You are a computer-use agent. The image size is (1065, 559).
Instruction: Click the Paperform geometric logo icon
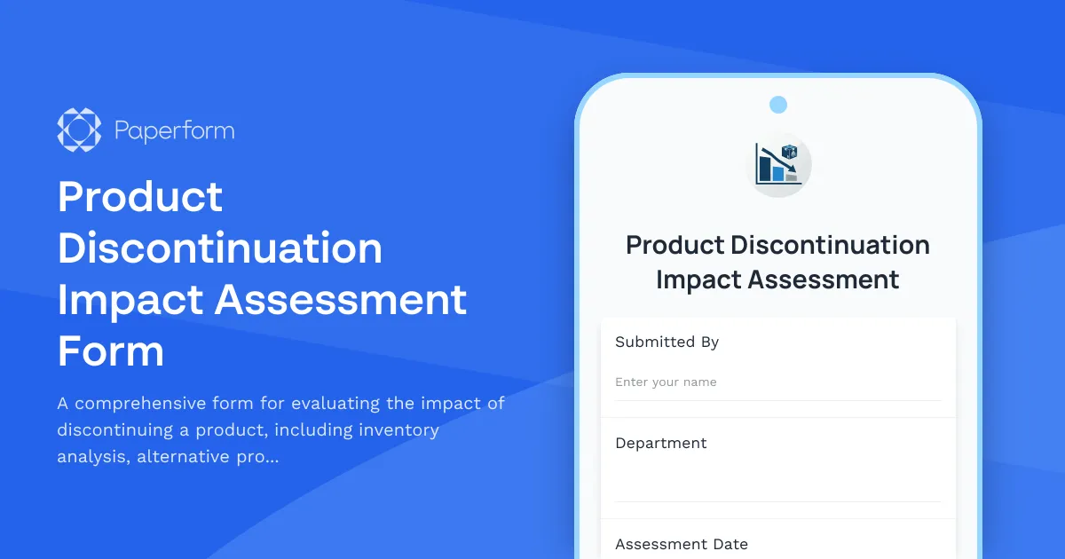coord(79,130)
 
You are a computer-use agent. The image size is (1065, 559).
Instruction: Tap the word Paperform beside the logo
coord(175,131)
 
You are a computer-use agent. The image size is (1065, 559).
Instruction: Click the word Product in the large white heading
coord(140,196)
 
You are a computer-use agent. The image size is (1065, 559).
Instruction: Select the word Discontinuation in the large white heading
coord(220,248)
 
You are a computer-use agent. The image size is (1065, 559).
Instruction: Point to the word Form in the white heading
coord(111,351)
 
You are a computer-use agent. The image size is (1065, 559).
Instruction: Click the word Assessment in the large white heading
coord(341,299)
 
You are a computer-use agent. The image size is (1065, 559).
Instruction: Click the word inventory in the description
coord(398,430)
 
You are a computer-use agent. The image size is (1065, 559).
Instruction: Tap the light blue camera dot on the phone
coord(778,105)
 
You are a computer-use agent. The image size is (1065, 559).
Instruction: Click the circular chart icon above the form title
coord(778,165)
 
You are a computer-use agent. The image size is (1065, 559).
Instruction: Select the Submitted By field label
coord(667,342)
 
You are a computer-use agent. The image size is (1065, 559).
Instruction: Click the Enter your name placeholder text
coord(666,382)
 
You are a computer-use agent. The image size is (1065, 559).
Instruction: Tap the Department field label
coord(661,443)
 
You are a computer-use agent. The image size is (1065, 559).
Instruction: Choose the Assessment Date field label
coord(682,544)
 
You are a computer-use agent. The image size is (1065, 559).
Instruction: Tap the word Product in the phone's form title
coord(674,245)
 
